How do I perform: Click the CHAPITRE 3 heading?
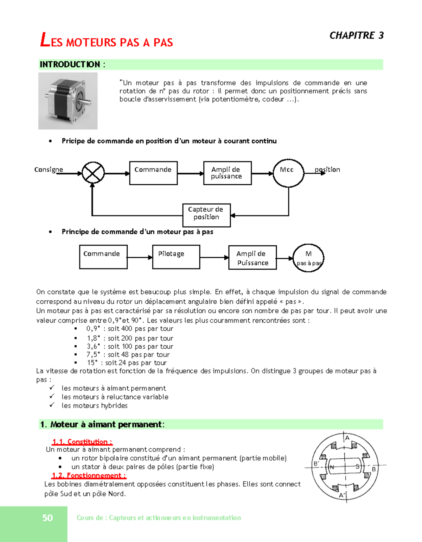[356, 35]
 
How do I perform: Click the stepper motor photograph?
[68, 101]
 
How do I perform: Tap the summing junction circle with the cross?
[93, 173]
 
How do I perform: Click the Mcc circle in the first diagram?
[288, 173]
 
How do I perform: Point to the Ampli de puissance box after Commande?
[227, 173]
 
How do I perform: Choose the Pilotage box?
[176, 257]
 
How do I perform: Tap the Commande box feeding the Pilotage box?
[103, 257]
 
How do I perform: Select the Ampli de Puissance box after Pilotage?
[252, 258]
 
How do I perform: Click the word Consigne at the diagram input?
[49, 170]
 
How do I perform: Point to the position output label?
[327, 170]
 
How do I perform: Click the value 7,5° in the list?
[93, 355]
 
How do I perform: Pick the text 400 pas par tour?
[147, 329]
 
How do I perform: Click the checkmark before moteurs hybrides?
[52, 405]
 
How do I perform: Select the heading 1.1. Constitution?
[82, 442]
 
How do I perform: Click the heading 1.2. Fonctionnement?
[89, 475]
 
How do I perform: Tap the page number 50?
[47, 518]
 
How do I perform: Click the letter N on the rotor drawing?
[332, 467]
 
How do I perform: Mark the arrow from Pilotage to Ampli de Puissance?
[214, 258]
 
